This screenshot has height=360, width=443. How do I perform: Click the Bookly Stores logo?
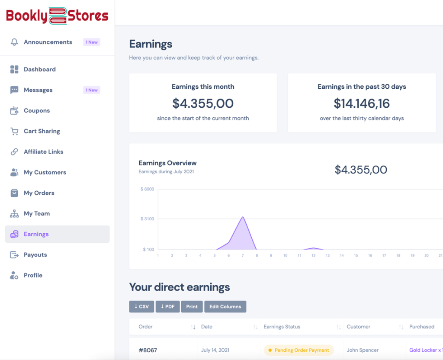[57, 16]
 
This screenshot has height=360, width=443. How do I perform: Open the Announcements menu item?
[48, 42]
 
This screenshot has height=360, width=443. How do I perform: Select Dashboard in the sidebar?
[39, 69]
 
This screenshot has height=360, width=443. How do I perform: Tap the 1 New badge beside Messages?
[92, 90]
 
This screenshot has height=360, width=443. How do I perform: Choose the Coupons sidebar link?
[37, 110]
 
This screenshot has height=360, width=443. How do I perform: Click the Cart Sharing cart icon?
[14, 131]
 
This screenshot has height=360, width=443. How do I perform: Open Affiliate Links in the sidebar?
[43, 151]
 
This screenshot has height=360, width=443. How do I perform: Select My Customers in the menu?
[45, 172]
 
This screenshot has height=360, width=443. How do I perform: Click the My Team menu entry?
[37, 213]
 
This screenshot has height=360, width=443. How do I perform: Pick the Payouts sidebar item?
[35, 254]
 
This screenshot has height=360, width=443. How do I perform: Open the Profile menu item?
[33, 275]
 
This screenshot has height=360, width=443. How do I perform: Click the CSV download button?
[141, 306]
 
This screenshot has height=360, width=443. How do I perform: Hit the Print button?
[192, 306]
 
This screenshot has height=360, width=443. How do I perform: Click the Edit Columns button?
[225, 306]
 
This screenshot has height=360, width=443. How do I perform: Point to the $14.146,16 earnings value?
[362, 103]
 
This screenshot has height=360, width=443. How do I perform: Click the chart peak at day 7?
[243, 217]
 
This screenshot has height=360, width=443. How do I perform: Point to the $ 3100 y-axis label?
[147, 219]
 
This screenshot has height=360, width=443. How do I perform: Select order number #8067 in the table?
[148, 350]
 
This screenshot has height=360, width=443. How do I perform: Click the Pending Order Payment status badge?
[299, 350]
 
